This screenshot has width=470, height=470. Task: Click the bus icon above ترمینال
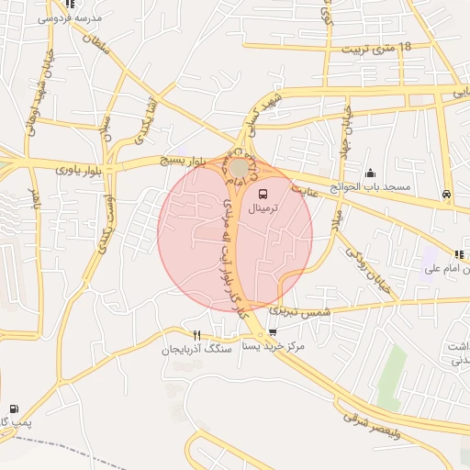click(263, 195)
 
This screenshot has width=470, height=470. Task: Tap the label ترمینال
click(265, 210)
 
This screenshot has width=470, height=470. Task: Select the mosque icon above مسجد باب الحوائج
click(370, 173)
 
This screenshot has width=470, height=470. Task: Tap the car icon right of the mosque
click(446, 194)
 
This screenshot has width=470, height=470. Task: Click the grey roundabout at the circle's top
click(239, 168)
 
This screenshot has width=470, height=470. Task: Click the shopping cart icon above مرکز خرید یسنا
click(273, 333)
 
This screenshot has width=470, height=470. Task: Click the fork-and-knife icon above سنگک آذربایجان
click(196, 334)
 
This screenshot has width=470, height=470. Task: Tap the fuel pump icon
click(13, 408)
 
